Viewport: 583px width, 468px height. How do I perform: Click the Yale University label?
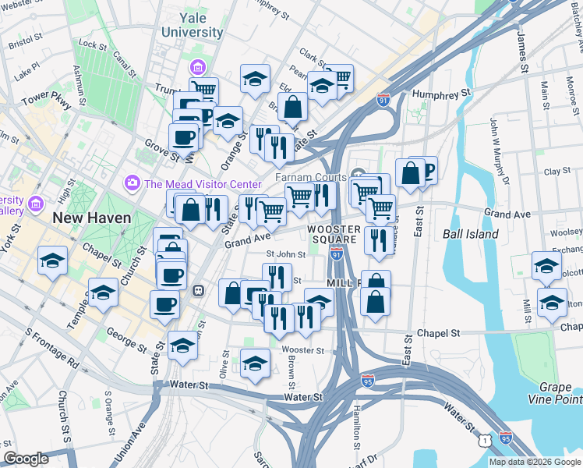[191, 24]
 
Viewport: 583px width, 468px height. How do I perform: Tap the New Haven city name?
[91, 218]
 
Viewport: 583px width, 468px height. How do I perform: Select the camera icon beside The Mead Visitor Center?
[132, 183]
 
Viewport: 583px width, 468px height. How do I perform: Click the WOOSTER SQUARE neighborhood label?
[334, 234]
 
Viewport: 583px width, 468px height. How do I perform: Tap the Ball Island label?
[470, 233]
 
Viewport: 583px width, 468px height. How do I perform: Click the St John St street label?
[285, 253]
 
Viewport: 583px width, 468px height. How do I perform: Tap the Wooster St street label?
[302, 351]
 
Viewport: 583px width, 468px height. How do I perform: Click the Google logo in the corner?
[26, 459]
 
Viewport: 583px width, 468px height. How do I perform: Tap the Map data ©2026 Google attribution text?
[535, 462]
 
